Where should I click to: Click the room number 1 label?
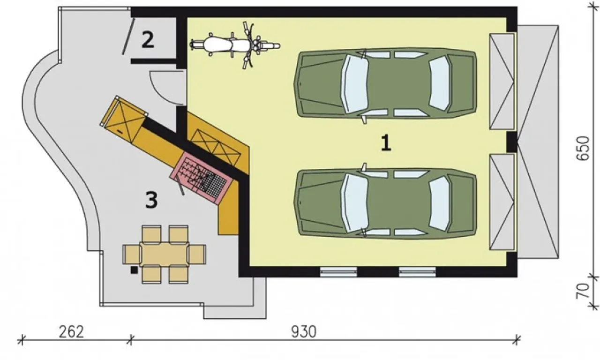pyautogui.click(x=386, y=142)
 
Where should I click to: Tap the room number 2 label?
pyautogui.click(x=148, y=40)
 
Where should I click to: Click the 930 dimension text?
pyautogui.click(x=304, y=332)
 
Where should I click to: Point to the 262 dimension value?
pyautogui.click(x=71, y=332)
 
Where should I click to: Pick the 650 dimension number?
pyautogui.click(x=583, y=149)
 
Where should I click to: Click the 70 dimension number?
pyautogui.click(x=583, y=291)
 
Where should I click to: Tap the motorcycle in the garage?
pyautogui.click(x=235, y=45)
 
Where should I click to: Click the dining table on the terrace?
pyautogui.click(x=165, y=255)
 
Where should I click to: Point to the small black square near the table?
pyautogui.click(x=134, y=270)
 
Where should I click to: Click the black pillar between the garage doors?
pyautogui.click(x=512, y=142)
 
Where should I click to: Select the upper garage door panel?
pyautogui.click(x=502, y=82)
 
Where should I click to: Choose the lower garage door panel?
pyautogui.click(x=502, y=202)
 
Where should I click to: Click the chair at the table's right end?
pyautogui.click(x=197, y=255)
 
